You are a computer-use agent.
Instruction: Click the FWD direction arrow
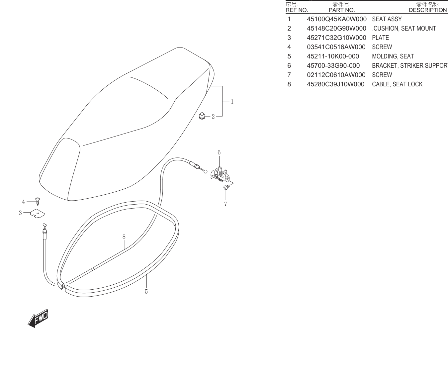tap(38, 318)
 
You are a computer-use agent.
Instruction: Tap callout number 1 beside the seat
tap(232, 101)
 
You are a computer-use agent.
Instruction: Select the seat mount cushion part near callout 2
tap(202, 116)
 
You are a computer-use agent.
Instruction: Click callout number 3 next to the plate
tap(20, 213)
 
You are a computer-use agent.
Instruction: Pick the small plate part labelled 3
tap(38, 213)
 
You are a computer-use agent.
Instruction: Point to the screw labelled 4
tap(38, 202)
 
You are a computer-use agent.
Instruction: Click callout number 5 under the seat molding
tap(146, 292)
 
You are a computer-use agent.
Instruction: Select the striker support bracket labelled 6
tap(220, 173)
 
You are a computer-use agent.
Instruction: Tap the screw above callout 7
tap(226, 187)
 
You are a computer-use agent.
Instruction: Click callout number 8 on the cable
tap(124, 237)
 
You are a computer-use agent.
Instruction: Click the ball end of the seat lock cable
tap(205, 171)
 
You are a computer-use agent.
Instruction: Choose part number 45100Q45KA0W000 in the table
tap(337, 19)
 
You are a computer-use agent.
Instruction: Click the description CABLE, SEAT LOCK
tap(397, 84)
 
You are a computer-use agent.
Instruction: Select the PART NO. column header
tap(342, 10)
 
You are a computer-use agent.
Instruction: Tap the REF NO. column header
tap(297, 10)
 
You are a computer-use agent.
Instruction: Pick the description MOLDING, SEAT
tap(393, 56)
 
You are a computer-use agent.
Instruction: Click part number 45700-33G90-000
tap(333, 65)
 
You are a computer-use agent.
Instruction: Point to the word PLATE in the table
tap(380, 38)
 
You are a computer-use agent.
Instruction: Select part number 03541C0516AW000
tap(336, 47)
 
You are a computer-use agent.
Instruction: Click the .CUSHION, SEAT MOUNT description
tap(404, 28)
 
